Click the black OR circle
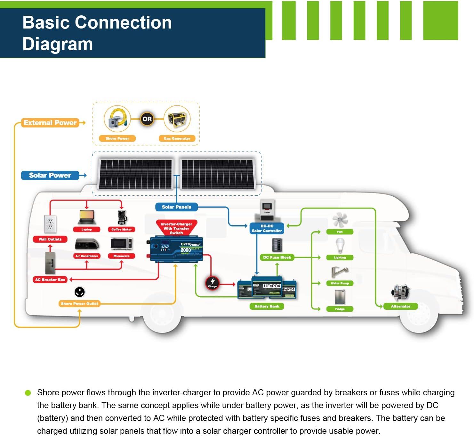(x=147, y=119)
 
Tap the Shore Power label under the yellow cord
(x=117, y=138)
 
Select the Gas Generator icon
(x=177, y=119)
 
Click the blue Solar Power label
(x=50, y=175)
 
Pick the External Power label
(x=50, y=123)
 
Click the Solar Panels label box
(x=176, y=207)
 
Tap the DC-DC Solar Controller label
(x=267, y=228)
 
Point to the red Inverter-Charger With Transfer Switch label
(x=176, y=228)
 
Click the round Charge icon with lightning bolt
(x=212, y=282)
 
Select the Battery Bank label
(x=267, y=306)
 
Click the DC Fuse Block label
(x=277, y=257)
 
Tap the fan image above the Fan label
(x=340, y=219)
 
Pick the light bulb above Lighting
(x=340, y=245)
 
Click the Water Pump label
(x=340, y=283)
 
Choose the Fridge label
(x=340, y=309)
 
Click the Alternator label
(x=400, y=306)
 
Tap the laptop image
(x=87, y=218)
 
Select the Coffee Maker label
(x=122, y=229)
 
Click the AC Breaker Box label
(x=50, y=280)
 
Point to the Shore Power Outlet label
(x=79, y=304)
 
